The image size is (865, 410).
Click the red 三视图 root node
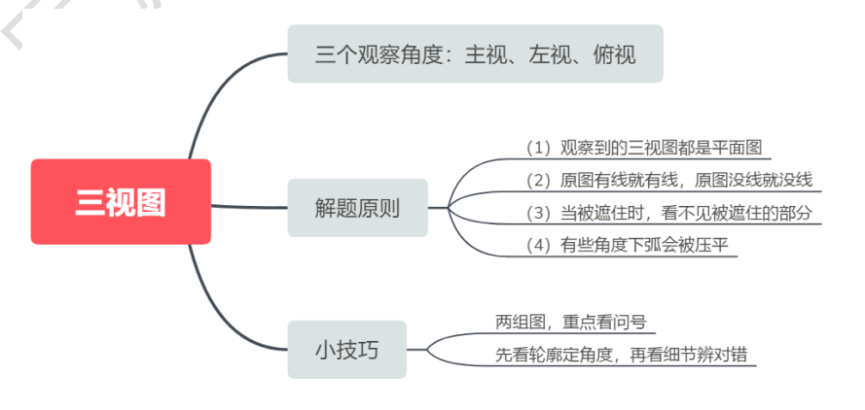tap(121, 202)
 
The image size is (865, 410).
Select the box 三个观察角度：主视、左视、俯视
tap(475, 53)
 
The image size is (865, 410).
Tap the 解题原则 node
tap(357, 207)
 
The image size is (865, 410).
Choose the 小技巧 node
tap(346, 350)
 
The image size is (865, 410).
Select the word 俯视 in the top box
tap(614, 53)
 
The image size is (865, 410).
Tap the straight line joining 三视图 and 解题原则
tap(249, 206)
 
